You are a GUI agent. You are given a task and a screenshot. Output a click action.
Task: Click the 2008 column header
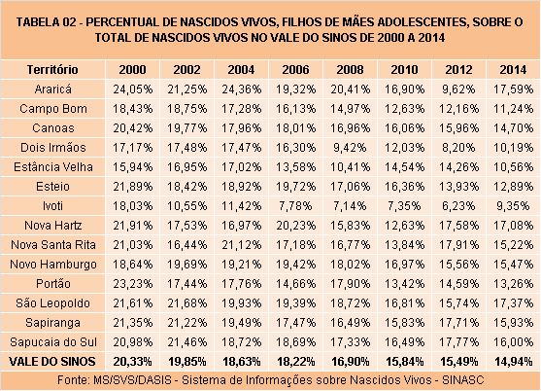350,70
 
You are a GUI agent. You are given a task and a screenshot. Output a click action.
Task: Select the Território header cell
52,70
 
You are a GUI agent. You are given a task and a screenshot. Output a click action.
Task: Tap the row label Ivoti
52,206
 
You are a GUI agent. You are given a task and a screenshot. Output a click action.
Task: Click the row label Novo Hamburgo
53,265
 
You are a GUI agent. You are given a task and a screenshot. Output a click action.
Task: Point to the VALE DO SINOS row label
52,362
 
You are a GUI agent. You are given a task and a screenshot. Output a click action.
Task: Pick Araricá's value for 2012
458,89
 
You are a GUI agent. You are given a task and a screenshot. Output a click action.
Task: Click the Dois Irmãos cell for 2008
350,148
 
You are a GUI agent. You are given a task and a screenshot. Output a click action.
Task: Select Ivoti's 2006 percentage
295,206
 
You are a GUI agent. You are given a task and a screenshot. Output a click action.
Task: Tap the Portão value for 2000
132,284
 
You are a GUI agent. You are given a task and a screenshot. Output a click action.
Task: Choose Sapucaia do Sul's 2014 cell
513,342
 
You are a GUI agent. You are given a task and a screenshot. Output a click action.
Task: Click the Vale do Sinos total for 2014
513,362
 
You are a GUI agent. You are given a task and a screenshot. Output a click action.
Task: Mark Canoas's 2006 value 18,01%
295,128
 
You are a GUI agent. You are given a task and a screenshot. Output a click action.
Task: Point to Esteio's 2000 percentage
132,187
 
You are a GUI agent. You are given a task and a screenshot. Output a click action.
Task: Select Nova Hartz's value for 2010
404,226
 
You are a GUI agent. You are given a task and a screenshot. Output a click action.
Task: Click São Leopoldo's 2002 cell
187,303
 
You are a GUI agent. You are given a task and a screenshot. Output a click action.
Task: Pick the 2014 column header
513,70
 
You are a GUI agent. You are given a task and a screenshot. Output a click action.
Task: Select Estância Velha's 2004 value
241,167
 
